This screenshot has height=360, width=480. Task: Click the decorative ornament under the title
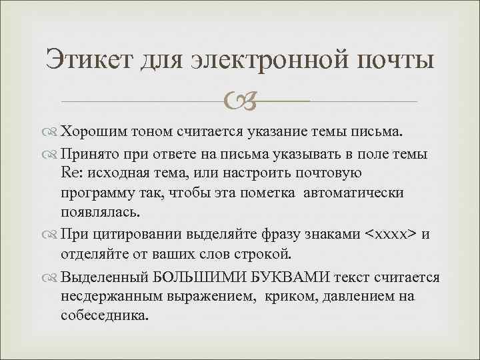[x=240, y=101]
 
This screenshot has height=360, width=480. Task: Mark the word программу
[x=99, y=193]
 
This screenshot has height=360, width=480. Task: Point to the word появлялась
[x=100, y=213]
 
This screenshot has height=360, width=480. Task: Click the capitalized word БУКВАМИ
[x=281, y=276]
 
